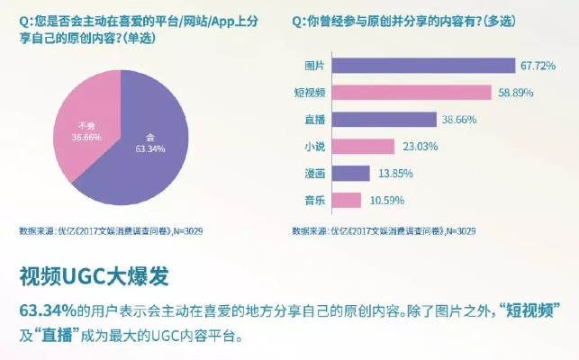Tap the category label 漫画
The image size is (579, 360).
[x=315, y=173]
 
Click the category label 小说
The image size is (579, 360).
[x=315, y=146]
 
